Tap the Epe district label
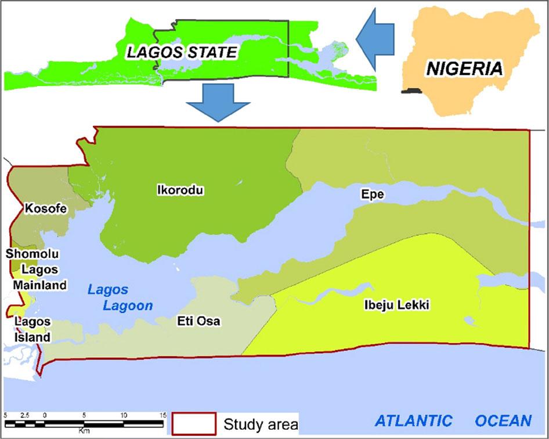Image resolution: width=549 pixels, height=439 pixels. (x=373, y=195)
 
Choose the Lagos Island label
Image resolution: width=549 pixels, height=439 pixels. (x=32, y=329)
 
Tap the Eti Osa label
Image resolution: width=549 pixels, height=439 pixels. (x=198, y=321)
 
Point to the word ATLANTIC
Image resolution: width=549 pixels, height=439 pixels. (x=413, y=420)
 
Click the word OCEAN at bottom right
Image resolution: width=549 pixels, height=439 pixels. (x=503, y=420)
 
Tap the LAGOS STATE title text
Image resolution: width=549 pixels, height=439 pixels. (x=182, y=52)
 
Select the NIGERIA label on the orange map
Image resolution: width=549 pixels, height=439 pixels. (x=464, y=69)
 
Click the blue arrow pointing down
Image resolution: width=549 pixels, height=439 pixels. (x=218, y=102)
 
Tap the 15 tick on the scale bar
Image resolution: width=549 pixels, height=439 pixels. (x=162, y=415)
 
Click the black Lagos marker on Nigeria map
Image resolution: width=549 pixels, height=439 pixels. (x=413, y=91)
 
